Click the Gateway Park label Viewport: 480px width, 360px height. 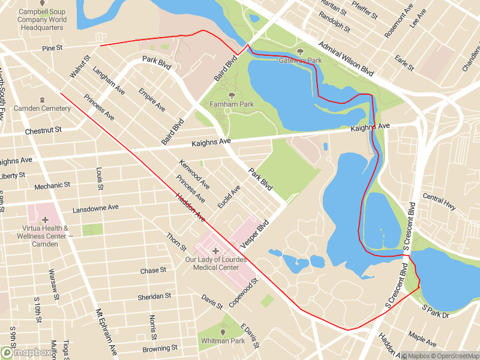tap(300, 61)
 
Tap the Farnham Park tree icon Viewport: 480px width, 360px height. tap(232, 95)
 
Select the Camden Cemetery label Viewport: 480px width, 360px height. tap(42, 108)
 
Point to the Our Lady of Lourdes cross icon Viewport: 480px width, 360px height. tap(215, 251)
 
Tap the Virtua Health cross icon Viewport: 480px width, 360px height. tap(45, 220)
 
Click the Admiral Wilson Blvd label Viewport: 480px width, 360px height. tap(346, 58)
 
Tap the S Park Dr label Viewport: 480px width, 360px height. tap(436, 311)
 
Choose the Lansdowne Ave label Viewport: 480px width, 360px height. tap(95, 209)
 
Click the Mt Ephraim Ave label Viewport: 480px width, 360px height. tap(107, 333)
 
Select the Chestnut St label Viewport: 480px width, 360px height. tap(43, 130)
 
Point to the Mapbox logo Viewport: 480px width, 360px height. tap(26, 352)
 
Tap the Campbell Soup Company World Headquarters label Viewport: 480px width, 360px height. tap(42, 20)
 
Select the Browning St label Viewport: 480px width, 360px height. tap(160, 348)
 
